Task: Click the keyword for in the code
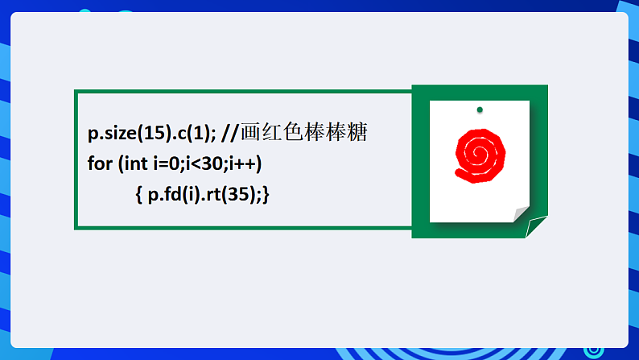point(100,163)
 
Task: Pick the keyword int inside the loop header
point(135,163)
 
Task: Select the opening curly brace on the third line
point(139,194)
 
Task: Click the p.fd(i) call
point(171,194)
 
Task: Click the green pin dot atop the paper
point(480,110)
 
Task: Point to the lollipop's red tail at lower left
point(461,172)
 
